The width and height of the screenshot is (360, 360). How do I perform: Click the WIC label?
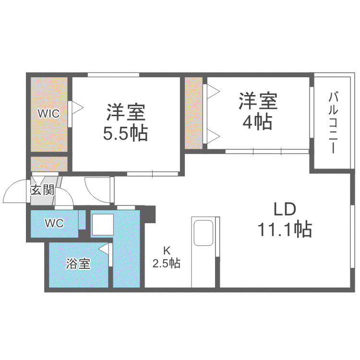[48, 113]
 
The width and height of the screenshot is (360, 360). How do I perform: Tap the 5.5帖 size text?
[125, 133]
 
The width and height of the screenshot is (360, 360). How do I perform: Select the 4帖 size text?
[258, 122]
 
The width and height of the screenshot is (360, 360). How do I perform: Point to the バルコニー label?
[333, 122]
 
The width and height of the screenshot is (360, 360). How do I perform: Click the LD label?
[285, 209]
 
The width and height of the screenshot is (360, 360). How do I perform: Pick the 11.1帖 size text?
[285, 229]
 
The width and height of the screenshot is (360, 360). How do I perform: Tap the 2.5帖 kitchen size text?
[167, 263]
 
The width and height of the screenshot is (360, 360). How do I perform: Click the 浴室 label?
[78, 264]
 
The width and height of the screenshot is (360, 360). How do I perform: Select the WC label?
[54, 223]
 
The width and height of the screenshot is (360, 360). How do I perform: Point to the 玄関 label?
[42, 190]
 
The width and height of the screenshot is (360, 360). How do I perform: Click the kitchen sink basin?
[204, 233]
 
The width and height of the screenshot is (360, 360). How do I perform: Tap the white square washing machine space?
[103, 225]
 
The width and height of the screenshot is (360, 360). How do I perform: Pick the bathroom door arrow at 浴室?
[104, 249]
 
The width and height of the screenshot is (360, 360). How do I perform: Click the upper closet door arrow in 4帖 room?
[214, 91]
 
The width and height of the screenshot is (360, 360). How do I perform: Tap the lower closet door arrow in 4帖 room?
[214, 136]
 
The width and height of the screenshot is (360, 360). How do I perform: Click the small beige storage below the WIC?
[49, 164]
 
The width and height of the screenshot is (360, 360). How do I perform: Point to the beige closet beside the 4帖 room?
[193, 113]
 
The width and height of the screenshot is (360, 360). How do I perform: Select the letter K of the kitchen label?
[167, 251]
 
